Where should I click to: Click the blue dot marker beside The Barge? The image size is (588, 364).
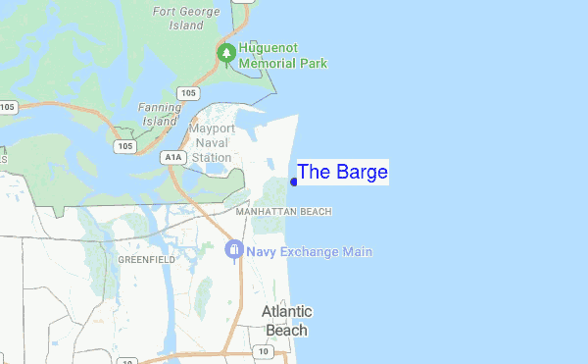click(x=294, y=182)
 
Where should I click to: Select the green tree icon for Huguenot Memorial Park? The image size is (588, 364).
click(x=227, y=52)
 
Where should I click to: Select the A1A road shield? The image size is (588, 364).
click(x=173, y=156)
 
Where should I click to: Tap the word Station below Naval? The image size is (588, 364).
click(x=211, y=157)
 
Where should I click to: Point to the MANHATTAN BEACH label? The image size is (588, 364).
click(x=283, y=211)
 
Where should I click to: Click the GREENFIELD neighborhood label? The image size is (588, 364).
click(x=146, y=259)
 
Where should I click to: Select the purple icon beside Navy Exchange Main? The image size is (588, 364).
click(x=234, y=251)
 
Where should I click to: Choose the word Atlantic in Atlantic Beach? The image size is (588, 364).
click(x=286, y=311)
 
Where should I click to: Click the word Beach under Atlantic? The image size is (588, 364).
click(x=286, y=330)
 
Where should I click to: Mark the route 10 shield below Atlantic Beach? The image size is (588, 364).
click(x=264, y=351)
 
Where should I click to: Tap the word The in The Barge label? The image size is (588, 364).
click(x=314, y=173)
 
